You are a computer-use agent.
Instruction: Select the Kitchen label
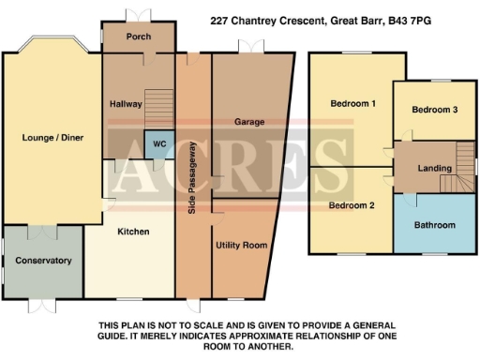pyautogui.click(x=132, y=231)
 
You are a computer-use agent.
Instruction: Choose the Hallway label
pyautogui.click(x=125, y=103)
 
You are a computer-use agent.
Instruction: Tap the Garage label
pyautogui.click(x=248, y=122)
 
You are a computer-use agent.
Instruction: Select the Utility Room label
pyautogui.click(x=241, y=245)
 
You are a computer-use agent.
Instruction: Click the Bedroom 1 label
pyautogui.click(x=352, y=103)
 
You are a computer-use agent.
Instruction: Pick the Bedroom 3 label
pyautogui.click(x=435, y=110)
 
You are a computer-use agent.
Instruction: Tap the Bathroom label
pyautogui.click(x=435, y=225)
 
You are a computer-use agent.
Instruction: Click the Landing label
pyautogui.click(x=434, y=169)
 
